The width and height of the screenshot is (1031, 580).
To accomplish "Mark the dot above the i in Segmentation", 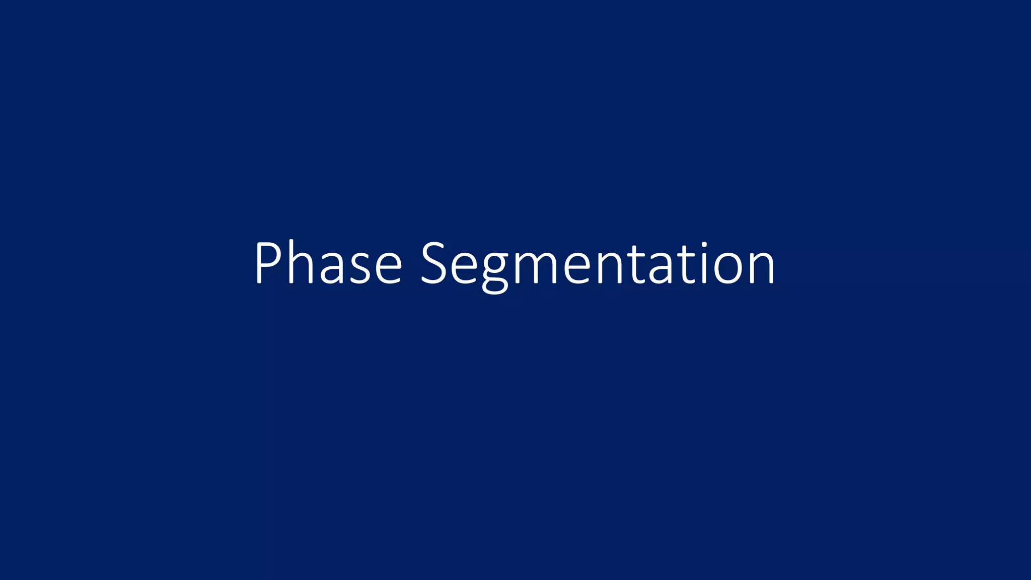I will pyautogui.click(x=704, y=245).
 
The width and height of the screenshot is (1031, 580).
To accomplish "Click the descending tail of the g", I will pyautogui.click(x=495, y=287).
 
